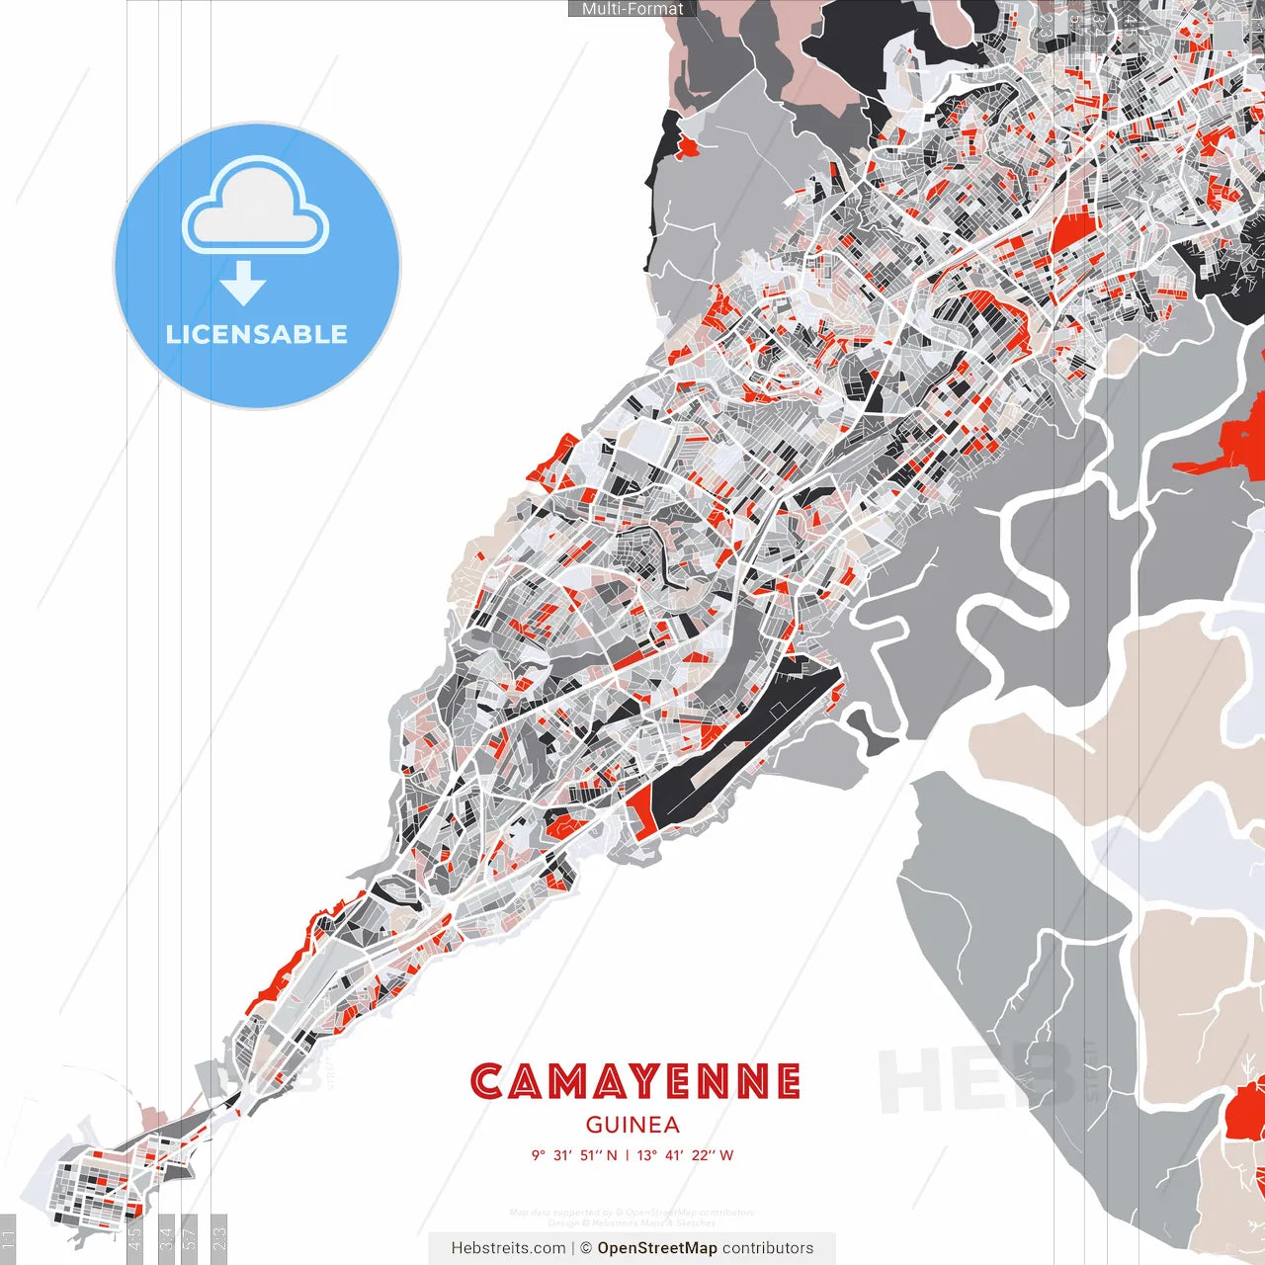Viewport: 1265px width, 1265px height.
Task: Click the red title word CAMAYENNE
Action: (x=634, y=1082)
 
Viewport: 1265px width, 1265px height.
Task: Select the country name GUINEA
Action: (x=632, y=1125)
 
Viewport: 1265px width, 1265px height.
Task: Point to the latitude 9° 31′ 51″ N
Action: (x=574, y=1155)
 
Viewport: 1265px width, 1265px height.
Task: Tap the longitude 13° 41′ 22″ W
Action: (x=685, y=1155)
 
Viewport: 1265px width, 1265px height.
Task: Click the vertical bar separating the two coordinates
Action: (x=628, y=1155)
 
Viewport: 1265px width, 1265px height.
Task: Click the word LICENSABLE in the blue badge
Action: (x=257, y=334)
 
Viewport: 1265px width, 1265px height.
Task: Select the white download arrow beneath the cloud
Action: (x=243, y=285)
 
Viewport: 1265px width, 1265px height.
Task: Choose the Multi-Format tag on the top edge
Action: (x=632, y=9)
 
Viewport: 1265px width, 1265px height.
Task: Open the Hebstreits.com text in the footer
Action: (x=508, y=1248)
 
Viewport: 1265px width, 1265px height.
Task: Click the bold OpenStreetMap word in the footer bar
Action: (x=656, y=1248)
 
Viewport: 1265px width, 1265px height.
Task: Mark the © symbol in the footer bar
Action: (x=586, y=1248)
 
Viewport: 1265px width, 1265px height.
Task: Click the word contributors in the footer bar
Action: (x=768, y=1248)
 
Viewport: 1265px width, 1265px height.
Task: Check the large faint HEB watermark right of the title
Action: (x=973, y=1077)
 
